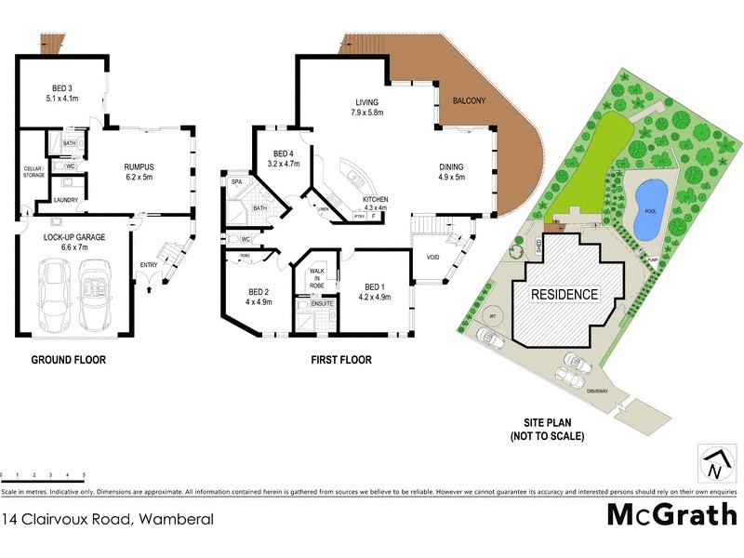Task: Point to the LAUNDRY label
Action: [65, 200]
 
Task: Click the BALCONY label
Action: [470, 100]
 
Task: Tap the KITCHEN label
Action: [376, 200]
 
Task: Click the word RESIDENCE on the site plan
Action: [564, 294]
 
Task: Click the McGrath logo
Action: [672, 513]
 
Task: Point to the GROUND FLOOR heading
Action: [68, 360]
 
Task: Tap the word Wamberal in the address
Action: [176, 519]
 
